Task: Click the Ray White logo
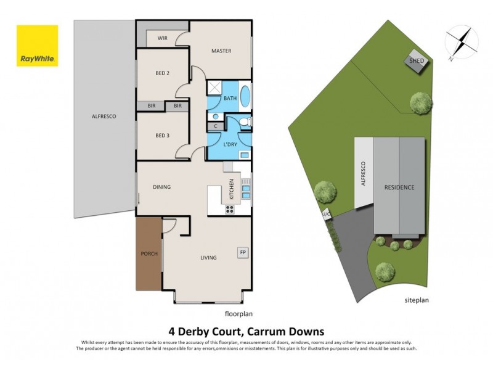(x=37, y=46)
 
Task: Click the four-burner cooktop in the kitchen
(x=230, y=209)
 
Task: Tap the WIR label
(x=163, y=38)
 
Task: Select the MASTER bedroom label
(x=221, y=51)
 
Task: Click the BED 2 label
(x=162, y=73)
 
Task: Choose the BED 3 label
(x=162, y=136)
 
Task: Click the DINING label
(x=162, y=187)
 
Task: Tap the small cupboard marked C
(x=216, y=126)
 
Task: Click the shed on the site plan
(x=415, y=62)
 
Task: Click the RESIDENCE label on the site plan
(x=399, y=187)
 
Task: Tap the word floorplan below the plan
(x=238, y=313)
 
